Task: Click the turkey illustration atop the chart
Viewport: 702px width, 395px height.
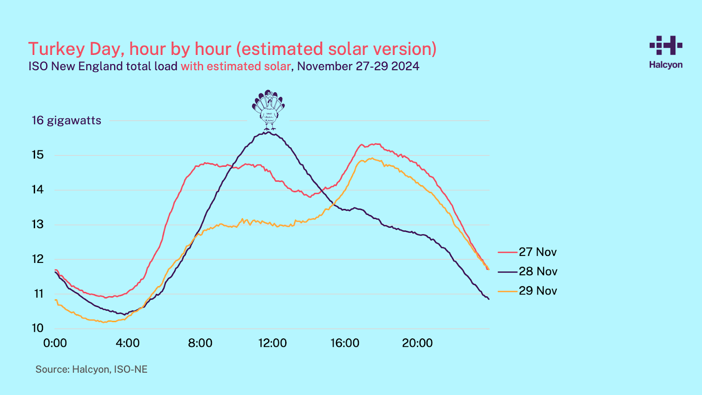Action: [x=269, y=110]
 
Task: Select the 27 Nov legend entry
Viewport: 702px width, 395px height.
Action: [x=537, y=252]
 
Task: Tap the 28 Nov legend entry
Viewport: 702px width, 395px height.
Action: [x=537, y=271]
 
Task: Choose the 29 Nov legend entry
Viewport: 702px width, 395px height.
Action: [x=537, y=291]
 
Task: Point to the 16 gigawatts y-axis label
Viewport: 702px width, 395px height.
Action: [x=66, y=120]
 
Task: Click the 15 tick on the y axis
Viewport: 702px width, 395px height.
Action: [x=38, y=154]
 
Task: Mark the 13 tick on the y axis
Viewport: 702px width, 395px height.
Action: [x=38, y=224]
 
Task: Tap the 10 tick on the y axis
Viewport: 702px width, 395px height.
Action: [x=38, y=328]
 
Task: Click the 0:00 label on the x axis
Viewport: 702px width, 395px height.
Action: [x=55, y=343]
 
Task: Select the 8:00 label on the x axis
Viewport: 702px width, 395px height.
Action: [x=200, y=343]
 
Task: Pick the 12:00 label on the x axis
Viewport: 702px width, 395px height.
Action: [x=272, y=343]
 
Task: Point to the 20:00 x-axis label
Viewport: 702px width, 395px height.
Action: [x=417, y=343]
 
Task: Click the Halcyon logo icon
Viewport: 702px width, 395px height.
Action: [x=666, y=45]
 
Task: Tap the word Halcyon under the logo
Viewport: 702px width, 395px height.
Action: [x=666, y=65]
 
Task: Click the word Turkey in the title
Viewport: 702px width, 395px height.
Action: [x=56, y=49]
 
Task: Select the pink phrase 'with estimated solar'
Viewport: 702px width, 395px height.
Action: [x=236, y=66]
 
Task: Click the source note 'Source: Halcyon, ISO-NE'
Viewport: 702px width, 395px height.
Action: [x=91, y=369]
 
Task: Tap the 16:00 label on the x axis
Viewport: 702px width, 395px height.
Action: [x=345, y=343]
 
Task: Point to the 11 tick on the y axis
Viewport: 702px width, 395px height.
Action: [x=39, y=294]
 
